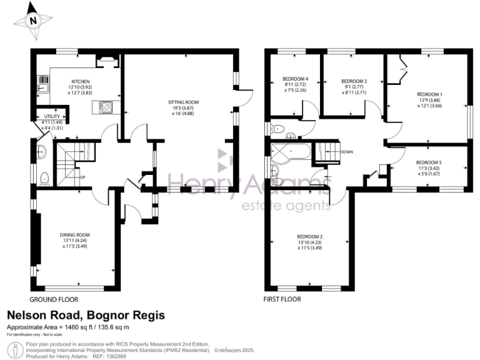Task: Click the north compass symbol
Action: (32, 19)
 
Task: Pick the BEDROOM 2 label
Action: (310, 236)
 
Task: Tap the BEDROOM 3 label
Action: (354, 82)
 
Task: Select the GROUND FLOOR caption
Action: (51, 299)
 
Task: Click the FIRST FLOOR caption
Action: (282, 299)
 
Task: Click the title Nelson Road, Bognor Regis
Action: (86, 316)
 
